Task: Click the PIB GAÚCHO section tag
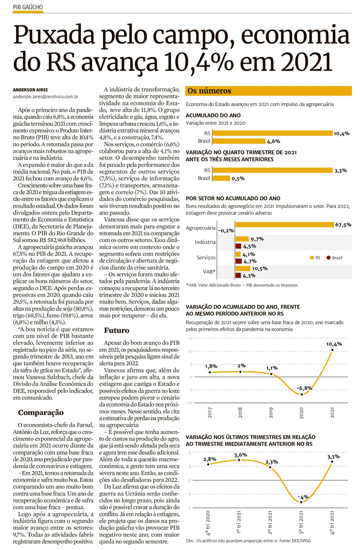tap(28, 7)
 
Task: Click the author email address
tap(46, 97)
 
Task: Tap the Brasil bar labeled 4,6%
tap(239, 141)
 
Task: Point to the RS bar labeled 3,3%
tap(272, 171)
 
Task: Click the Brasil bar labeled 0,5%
tap(221, 178)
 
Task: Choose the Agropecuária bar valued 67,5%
tap(284, 225)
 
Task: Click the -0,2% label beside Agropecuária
tap(226, 231)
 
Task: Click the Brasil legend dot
tap(328, 258)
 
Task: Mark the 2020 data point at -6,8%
tap(302, 394)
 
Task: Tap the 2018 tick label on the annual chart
tap(241, 413)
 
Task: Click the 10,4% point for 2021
tap(332, 350)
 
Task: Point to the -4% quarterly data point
tap(301, 502)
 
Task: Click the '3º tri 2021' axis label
tap(301, 523)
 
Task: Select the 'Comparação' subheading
tap(41, 413)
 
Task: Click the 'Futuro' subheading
tap(116, 330)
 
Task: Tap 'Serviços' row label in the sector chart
tap(206, 258)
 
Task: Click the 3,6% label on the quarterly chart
tap(241, 455)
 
